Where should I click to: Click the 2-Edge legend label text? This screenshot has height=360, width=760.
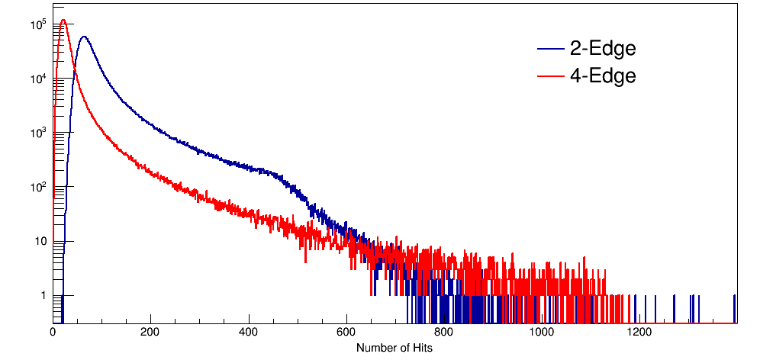tap(603, 49)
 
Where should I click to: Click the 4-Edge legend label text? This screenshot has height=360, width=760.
tap(603, 76)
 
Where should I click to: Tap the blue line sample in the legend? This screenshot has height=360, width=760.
tap(550, 50)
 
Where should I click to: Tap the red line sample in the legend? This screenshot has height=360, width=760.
tap(550, 76)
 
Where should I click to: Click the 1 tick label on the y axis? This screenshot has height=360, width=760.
tap(43, 295)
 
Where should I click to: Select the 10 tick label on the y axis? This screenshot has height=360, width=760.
tap(40, 242)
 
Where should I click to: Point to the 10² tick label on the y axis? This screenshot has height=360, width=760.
tap(39, 187)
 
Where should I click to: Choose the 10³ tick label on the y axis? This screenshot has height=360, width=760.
tap(39, 133)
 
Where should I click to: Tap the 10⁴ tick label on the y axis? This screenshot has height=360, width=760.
tap(39, 79)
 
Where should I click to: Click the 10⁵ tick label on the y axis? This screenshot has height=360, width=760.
tap(39, 24)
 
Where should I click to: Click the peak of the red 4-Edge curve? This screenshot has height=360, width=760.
tap(63, 21)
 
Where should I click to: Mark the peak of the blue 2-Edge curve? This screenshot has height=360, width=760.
tap(83, 37)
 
